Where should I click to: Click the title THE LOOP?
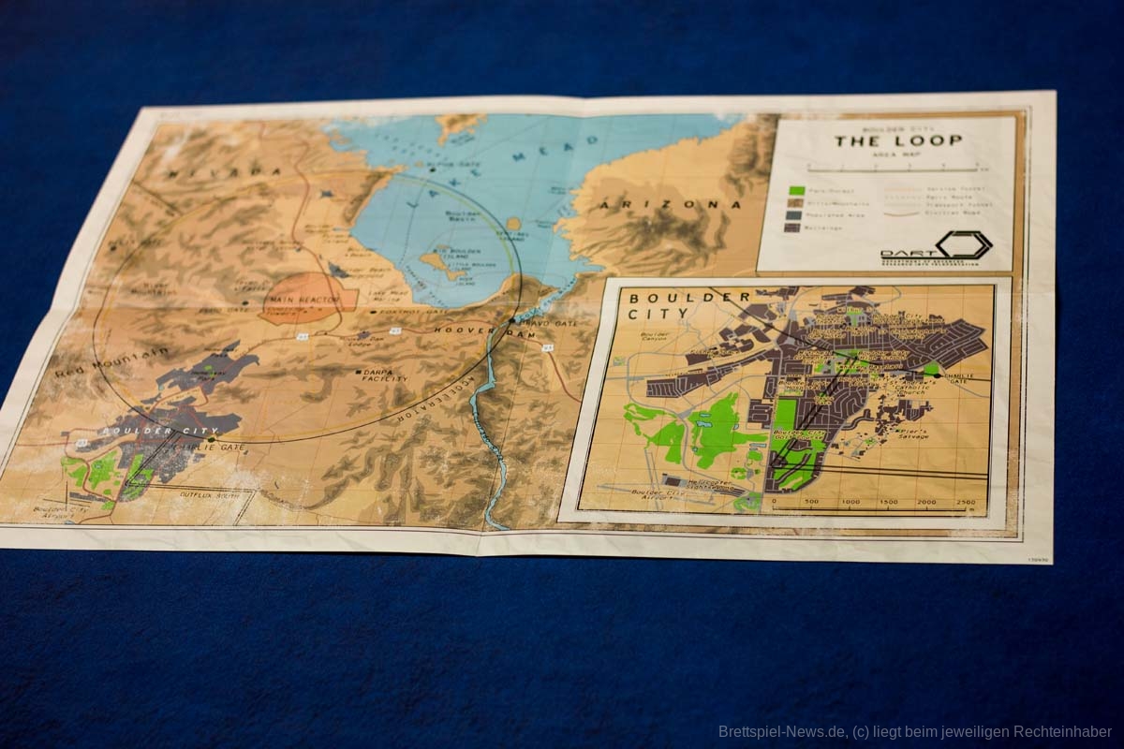(x=898, y=141)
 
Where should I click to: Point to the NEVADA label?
(x=224, y=172)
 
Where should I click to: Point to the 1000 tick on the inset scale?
(x=850, y=502)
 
